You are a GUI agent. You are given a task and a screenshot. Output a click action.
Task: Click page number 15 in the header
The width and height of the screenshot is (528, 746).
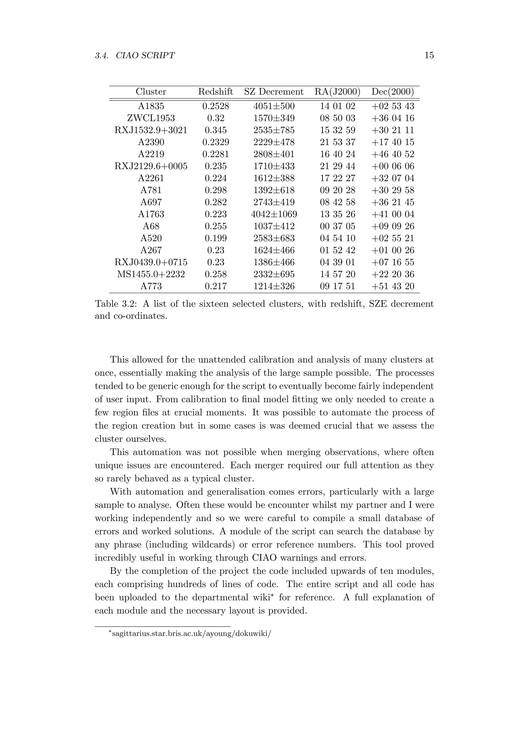tap(429, 56)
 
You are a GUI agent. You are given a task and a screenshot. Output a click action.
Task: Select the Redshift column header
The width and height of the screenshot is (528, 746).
tap(216, 92)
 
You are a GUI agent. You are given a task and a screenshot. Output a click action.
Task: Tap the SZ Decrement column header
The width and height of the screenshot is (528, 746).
tap(274, 92)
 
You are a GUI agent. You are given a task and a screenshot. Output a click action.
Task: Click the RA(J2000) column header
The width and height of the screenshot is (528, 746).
tap(337, 92)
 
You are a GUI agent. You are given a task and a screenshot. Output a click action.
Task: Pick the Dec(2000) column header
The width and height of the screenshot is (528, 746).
tap(393, 92)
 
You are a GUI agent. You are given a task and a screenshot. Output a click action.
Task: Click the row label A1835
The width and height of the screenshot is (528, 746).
tap(151, 106)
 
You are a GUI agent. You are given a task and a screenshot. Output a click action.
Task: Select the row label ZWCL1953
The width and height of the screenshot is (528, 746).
tap(151, 118)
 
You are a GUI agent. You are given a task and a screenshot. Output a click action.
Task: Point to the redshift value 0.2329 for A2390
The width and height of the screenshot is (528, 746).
tap(216, 142)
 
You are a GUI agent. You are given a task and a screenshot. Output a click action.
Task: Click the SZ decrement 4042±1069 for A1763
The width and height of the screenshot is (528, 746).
tap(274, 214)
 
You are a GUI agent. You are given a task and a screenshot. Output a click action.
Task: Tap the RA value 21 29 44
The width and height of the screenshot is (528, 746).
tap(337, 166)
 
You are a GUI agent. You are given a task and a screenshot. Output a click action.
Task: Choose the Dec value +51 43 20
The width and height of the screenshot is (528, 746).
tap(393, 286)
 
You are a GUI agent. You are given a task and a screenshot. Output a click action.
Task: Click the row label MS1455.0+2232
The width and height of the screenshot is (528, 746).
tap(151, 275)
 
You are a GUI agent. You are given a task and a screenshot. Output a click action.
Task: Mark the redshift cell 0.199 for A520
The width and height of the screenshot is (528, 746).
tap(216, 239)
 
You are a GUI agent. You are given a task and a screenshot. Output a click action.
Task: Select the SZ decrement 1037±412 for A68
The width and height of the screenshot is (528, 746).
tap(274, 226)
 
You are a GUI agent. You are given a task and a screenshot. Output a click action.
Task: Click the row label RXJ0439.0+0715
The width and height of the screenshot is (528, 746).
tap(151, 262)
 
